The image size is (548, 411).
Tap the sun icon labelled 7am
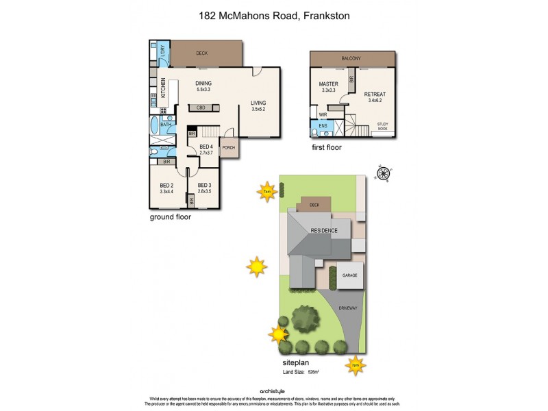(266, 191)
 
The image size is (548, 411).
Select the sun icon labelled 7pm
(356, 365)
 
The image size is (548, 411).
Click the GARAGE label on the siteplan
(349, 275)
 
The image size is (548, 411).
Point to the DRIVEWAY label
(348, 309)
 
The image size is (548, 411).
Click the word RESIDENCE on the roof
(324, 231)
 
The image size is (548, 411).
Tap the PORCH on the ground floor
(228, 147)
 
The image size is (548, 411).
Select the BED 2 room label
(166, 186)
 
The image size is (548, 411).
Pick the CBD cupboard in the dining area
(201, 108)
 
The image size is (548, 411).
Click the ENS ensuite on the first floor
(322, 127)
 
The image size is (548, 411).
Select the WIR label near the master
(323, 115)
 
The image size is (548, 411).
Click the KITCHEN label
(163, 89)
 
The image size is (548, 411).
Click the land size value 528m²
(314, 372)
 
